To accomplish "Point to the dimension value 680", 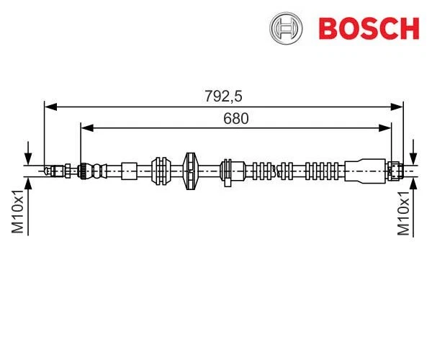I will coord(235,119).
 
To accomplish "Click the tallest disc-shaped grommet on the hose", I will coord(190,171).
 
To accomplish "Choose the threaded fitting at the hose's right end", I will coord(395,171).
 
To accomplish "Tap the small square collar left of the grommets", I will coord(129,171).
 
